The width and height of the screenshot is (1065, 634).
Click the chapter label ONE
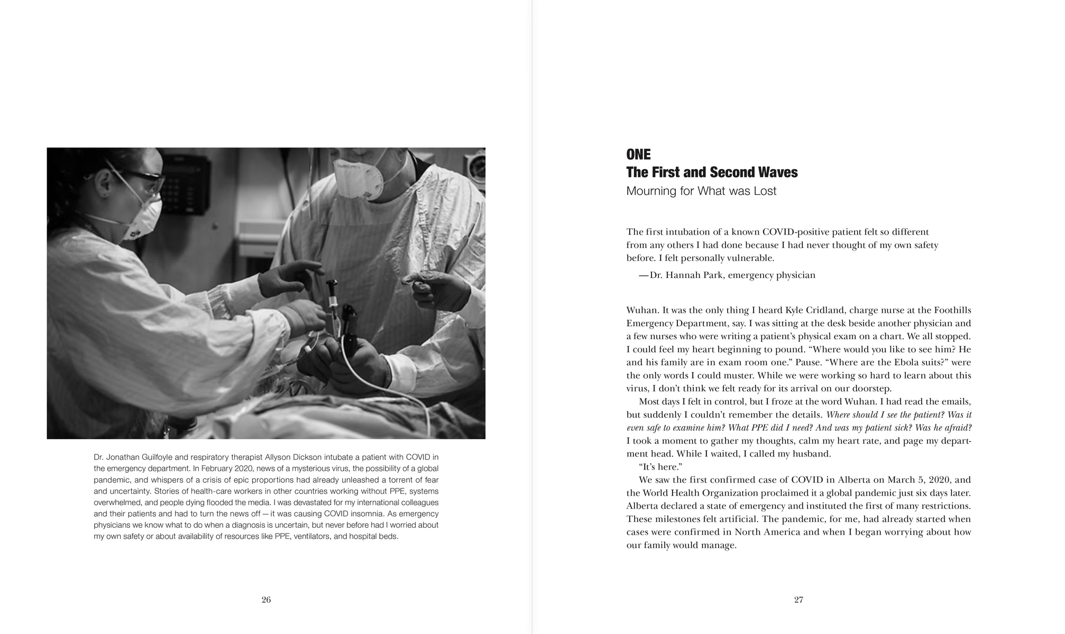[x=638, y=154]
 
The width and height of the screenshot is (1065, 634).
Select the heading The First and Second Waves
[x=712, y=172]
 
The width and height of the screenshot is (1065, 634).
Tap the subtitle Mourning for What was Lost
[x=701, y=191]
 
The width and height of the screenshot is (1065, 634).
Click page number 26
[x=266, y=600]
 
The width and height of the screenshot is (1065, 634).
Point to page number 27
[x=798, y=600]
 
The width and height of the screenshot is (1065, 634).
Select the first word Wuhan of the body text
[x=639, y=310]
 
